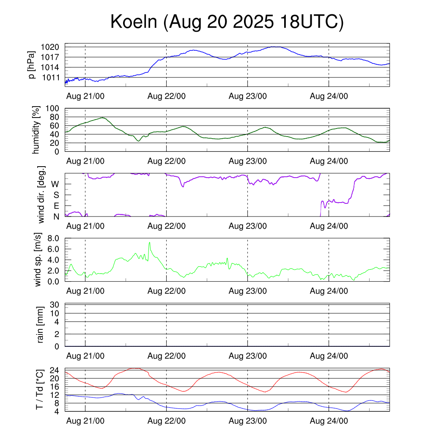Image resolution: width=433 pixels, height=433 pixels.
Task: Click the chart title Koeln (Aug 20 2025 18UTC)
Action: (x=227, y=22)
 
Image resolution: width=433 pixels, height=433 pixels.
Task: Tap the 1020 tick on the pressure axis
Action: (x=53, y=47)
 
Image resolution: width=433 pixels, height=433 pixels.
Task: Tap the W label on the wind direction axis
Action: (x=55, y=184)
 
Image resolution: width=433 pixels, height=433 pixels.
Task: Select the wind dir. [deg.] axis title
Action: (x=41, y=195)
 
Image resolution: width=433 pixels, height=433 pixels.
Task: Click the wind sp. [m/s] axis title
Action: (x=38, y=259)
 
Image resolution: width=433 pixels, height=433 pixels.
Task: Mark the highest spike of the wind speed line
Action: (x=149, y=243)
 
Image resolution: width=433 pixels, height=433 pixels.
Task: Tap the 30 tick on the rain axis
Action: (x=55, y=305)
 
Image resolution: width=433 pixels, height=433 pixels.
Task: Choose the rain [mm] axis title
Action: (x=41, y=325)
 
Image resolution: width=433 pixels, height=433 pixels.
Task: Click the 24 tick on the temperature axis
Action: (x=55, y=370)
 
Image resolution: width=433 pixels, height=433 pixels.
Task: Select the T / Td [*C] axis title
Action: (x=39, y=389)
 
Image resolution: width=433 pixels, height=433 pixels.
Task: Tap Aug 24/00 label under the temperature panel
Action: (x=329, y=421)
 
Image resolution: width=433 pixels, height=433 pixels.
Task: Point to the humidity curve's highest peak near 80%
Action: (x=102, y=118)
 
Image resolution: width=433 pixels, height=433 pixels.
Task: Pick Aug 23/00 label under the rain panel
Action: (x=248, y=356)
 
